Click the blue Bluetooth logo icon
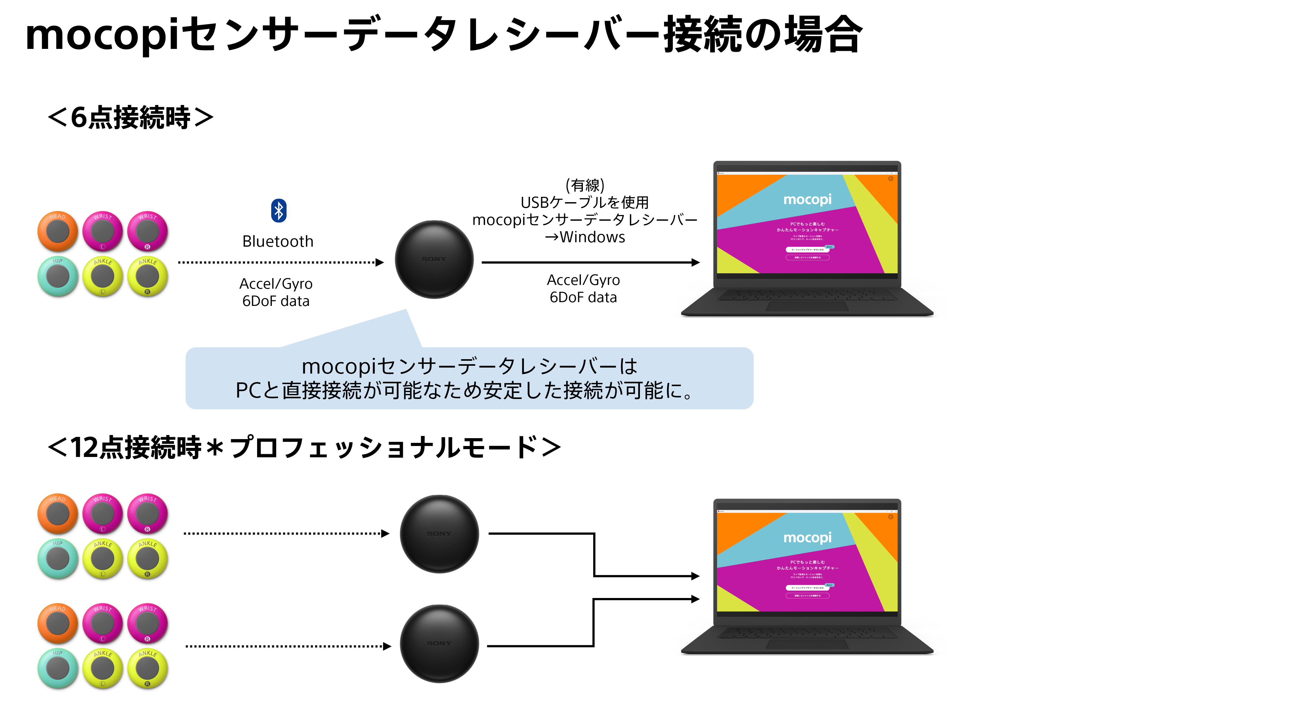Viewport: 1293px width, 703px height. pyautogui.click(x=279, y=211)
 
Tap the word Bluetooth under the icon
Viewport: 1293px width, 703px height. pyautogui.click(x=277, y=241)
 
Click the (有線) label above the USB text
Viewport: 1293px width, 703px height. pyautogui.click(x=585, y=185)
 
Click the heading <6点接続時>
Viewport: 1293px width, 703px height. pyautogui.click(x=130, y=118)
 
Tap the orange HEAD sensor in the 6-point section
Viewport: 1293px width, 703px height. pyautogui.click(x=58, y=231)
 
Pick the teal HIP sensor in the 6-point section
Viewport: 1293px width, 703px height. pyautogui.click(x=58, y=276)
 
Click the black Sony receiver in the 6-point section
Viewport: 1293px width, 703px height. pyautogui.click(x=434, y=260)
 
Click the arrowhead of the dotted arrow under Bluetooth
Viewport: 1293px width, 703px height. pyautogui.click(x=380, y=262)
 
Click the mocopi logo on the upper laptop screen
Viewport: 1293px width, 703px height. pyautogui.click(x=807, y=200)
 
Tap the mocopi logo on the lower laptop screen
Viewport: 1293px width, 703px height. pyautogui.click(x=807, y=538)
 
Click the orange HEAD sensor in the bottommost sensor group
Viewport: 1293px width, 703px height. pyautogui.click(x=58, y=623)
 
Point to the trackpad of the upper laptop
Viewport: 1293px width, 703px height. pyautogui.click(x=807, y=306)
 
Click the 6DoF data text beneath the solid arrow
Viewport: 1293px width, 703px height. pyautogui.click(x=583, y=297)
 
